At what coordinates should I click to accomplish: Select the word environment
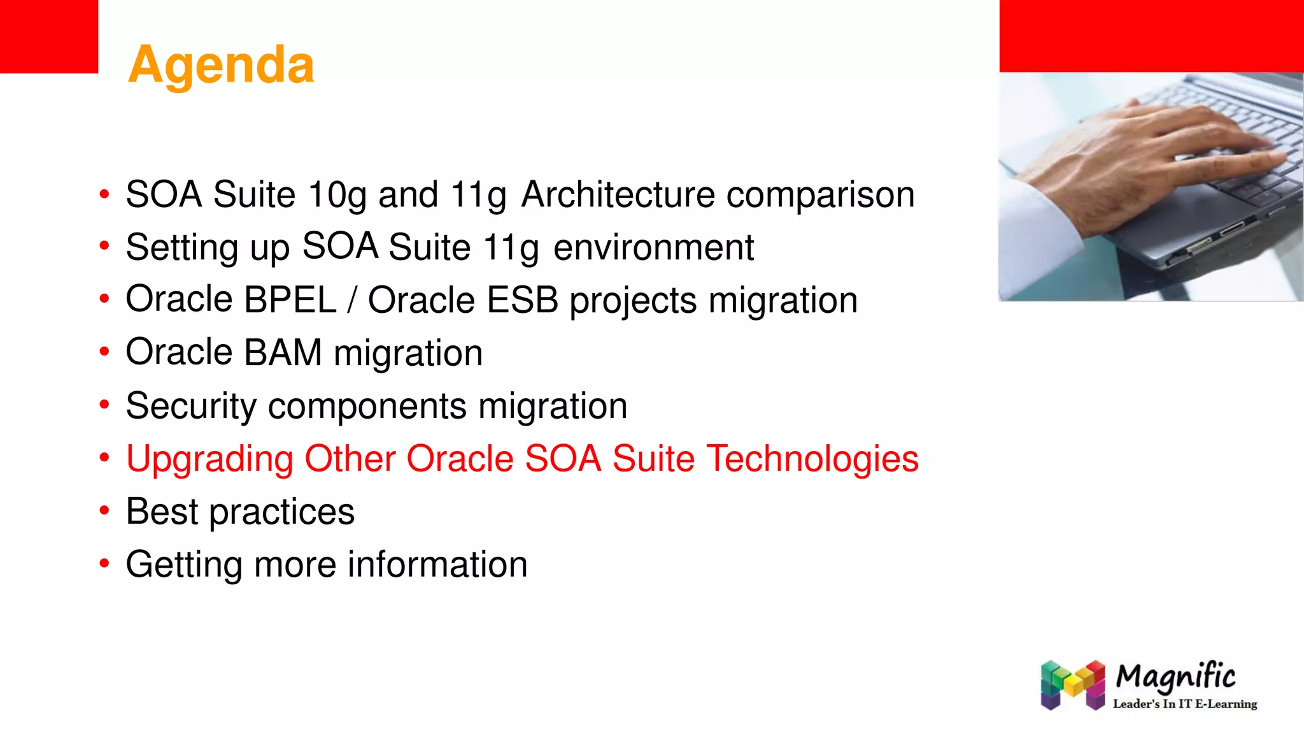(653, 247)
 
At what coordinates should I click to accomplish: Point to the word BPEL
(290, 299)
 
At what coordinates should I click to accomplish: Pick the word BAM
(283, 352)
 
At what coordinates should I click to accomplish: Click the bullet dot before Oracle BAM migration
(104, 352)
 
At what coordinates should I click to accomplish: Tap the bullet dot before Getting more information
(104, 563)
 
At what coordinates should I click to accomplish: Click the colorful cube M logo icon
(1073, 685)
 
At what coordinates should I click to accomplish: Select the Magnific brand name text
(1175, 677)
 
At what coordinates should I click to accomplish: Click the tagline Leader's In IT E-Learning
(1184, 704)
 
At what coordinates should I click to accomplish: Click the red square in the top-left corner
(48, 36)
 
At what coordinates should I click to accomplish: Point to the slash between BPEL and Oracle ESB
(352, 300)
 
